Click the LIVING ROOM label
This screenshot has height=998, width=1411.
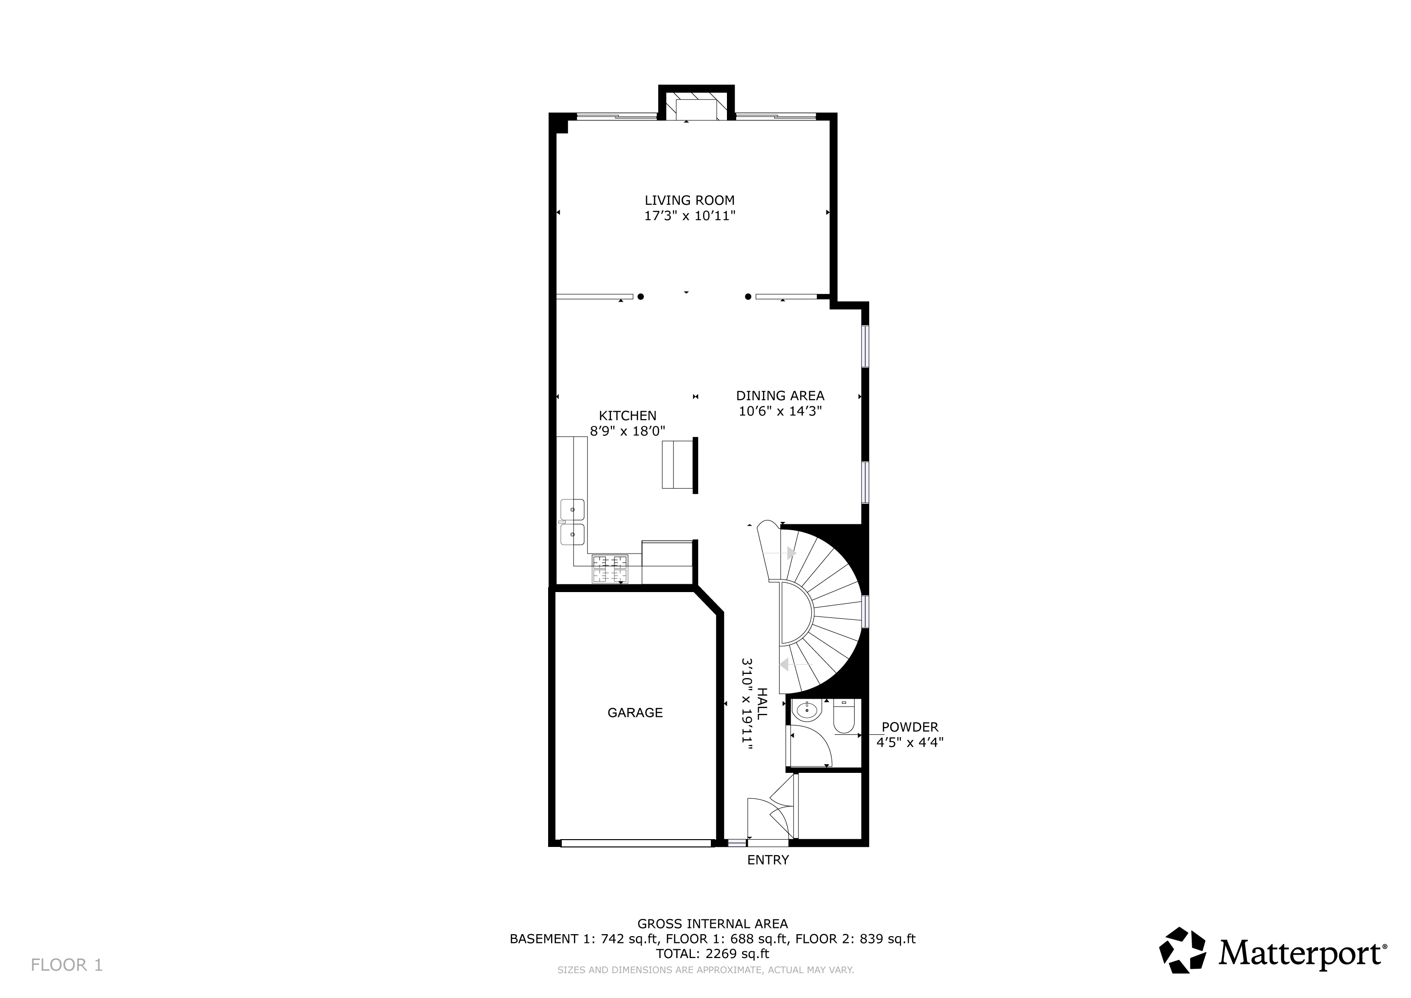click(689, 200)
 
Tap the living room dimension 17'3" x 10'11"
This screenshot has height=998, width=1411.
click(689, 216)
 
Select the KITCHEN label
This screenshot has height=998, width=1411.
click(628, 416)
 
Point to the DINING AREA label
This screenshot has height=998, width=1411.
click(780, 396)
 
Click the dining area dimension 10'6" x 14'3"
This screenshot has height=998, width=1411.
click(780, 411)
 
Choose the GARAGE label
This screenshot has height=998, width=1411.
click(635, 713)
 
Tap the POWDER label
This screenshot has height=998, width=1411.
click(910, 728)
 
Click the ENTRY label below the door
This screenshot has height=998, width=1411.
click(767, 861)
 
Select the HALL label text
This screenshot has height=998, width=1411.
click(762, 704)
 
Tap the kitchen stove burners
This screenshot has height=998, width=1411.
click(610, 569)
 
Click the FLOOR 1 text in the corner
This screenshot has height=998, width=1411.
click(66, 965)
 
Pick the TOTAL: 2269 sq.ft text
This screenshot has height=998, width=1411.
click(712, 954)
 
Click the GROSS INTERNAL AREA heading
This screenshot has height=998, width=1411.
click(712, 923)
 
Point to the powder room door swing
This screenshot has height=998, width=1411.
click(810, 746)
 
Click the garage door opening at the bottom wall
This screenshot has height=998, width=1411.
click(636, 843)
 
